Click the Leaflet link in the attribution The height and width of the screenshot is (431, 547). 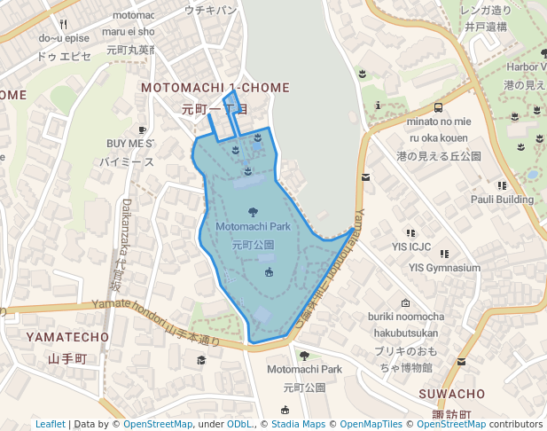pos(51,424)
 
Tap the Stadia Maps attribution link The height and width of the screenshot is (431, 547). pos(298,424)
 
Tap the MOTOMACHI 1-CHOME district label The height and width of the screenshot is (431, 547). pos(215,88)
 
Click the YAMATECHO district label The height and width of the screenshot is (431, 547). pos(67,337)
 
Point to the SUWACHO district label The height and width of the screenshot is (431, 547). pos(452,393)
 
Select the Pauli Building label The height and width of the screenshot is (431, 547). pos(502,200)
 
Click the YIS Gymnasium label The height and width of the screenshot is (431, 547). pos(444,268)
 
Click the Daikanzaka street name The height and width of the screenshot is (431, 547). pos(126,226)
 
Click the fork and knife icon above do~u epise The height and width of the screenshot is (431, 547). pos(64,24)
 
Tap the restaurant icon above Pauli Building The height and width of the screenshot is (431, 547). pos(502,185)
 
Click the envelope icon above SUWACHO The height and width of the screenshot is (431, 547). pos(461,361)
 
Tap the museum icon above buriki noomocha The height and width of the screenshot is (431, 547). pos(406,302)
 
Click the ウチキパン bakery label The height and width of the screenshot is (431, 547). pos(210,10)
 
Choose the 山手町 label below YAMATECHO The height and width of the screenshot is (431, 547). pos(67,358)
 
